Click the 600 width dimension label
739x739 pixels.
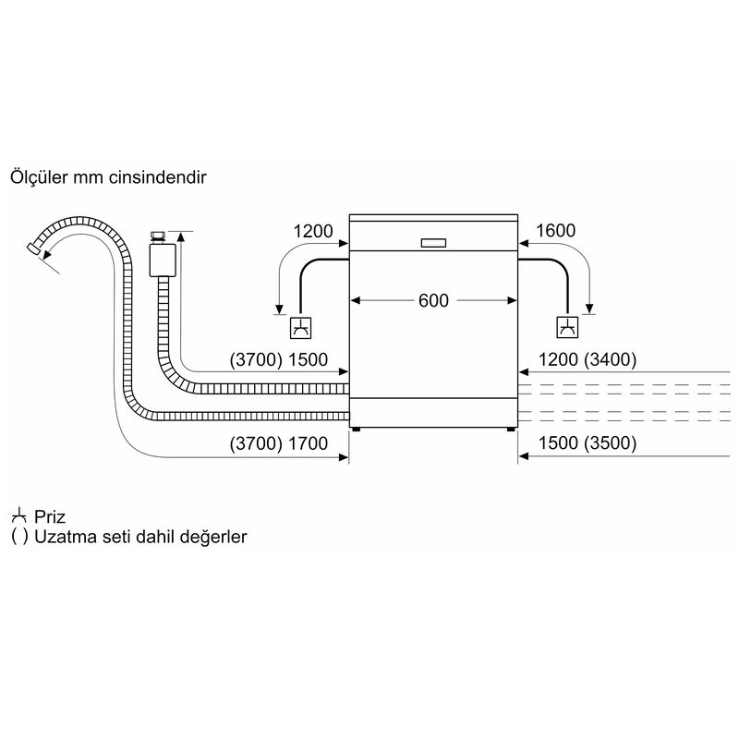pos(432,300)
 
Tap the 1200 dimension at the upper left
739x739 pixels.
pos(311,231)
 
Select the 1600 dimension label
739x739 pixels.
pos(556,231)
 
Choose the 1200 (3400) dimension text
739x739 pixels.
pos(584,360)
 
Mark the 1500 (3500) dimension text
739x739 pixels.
pos(584,443)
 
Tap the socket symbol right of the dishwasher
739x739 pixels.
pos(567,327)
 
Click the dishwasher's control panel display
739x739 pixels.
pos(432,243)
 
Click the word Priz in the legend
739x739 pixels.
pos(52,516)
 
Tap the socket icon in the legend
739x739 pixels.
pos(18,515)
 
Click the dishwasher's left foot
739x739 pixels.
pos(356,430)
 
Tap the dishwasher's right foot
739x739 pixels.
pos(511,430)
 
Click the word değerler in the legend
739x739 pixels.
pos(218,537)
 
